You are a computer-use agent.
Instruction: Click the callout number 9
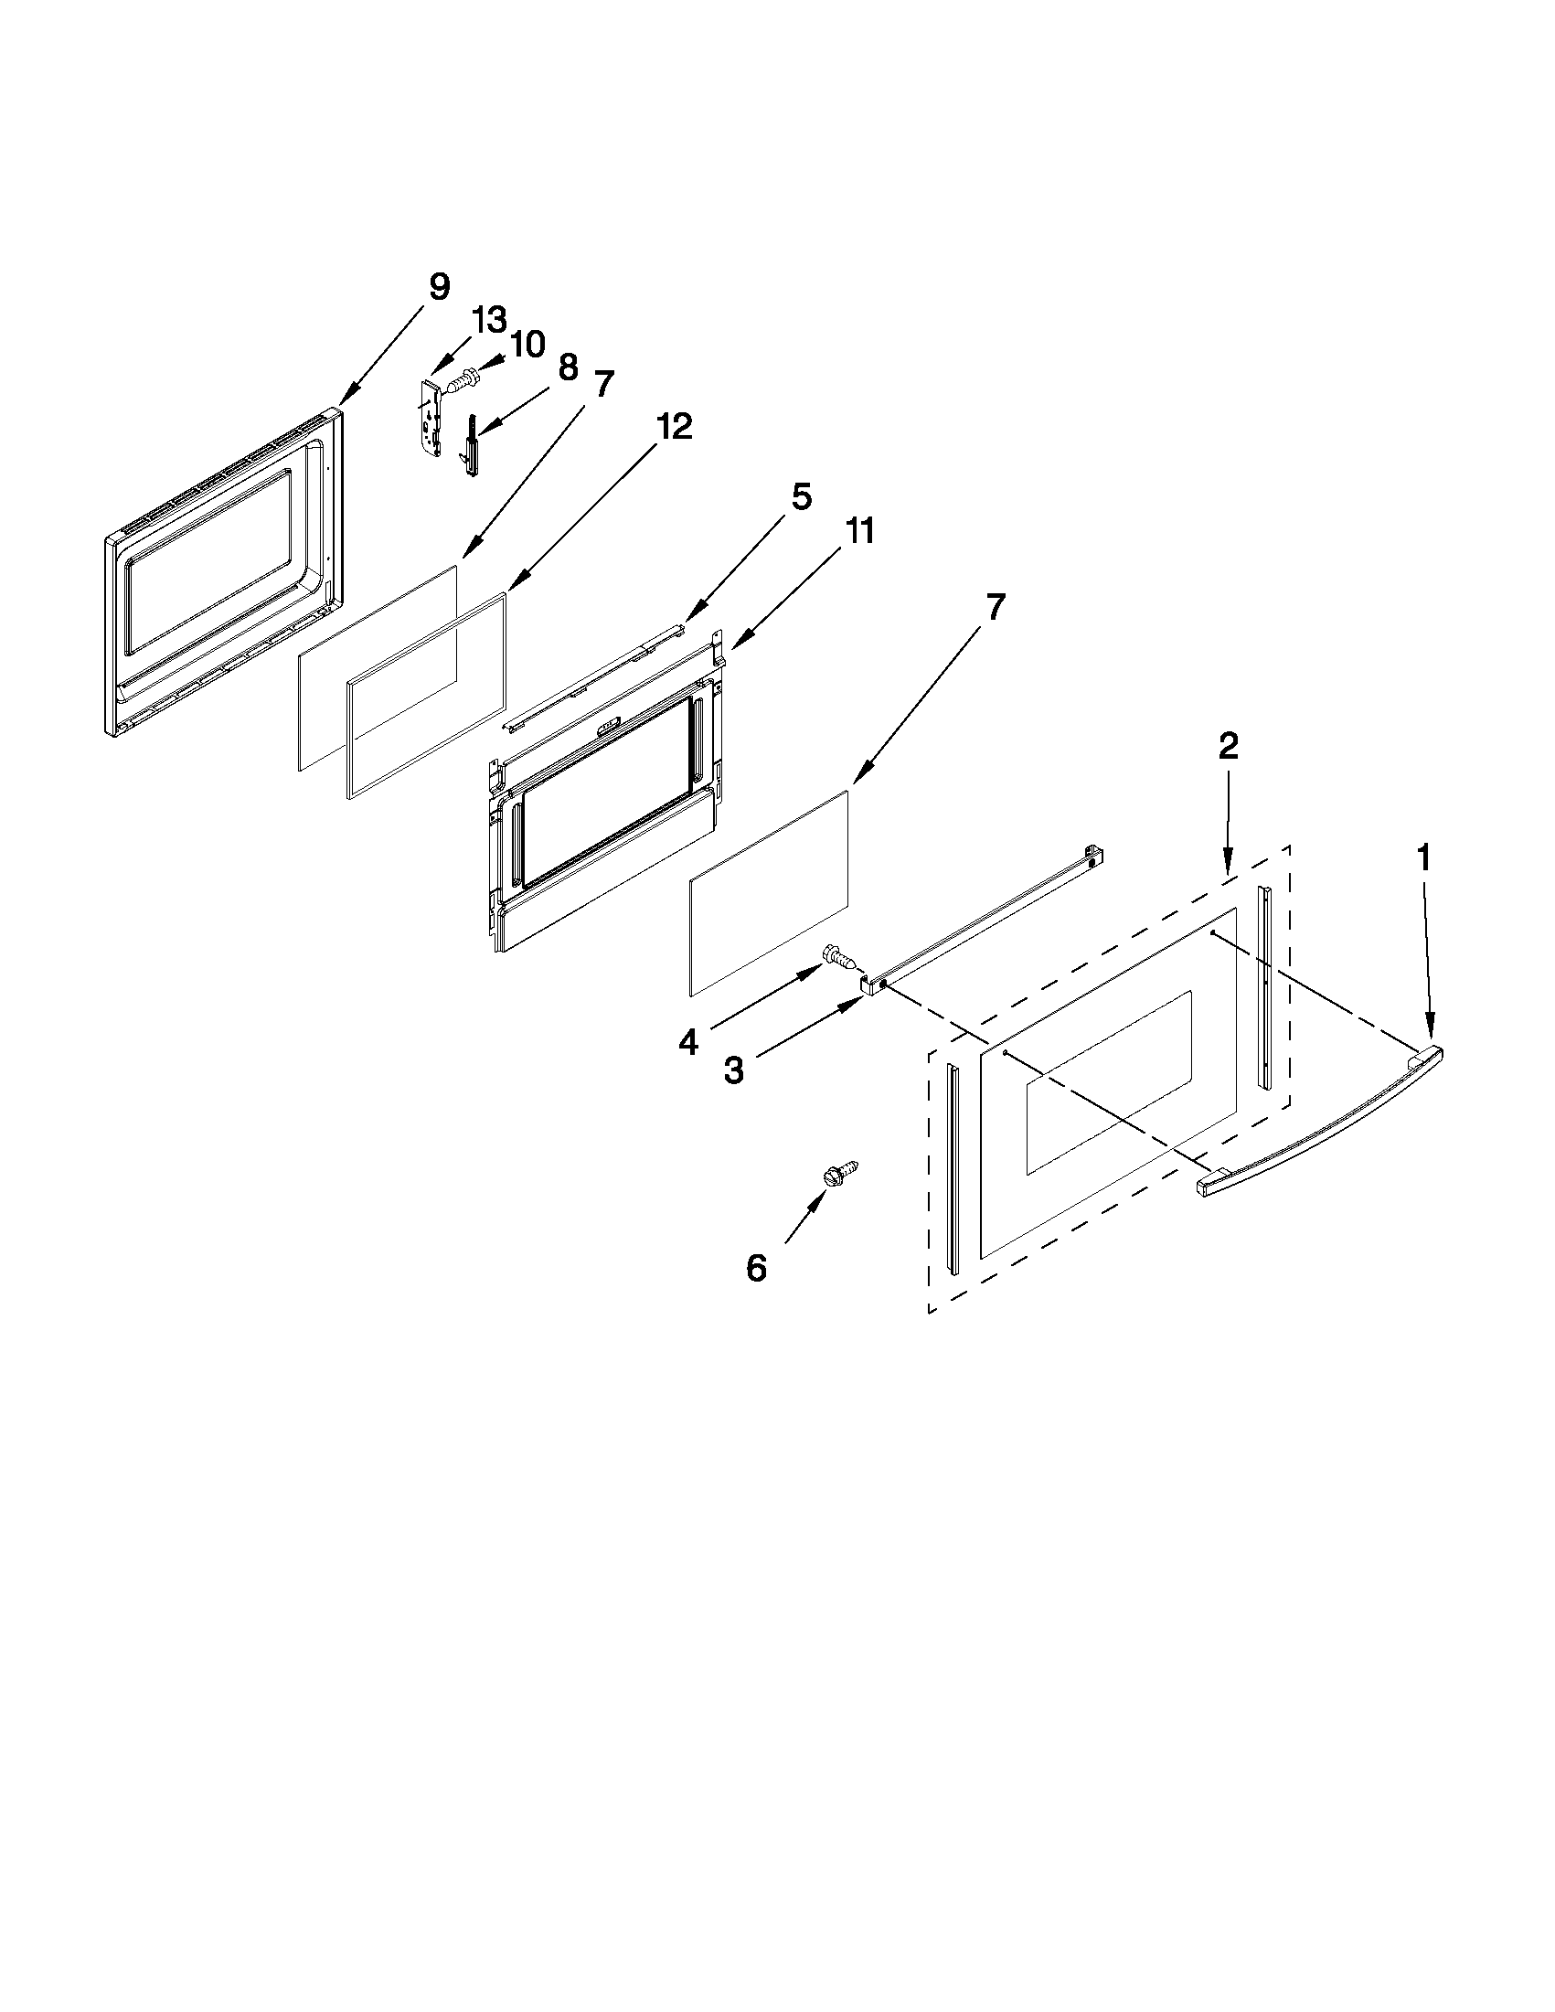click(x=440, y=286)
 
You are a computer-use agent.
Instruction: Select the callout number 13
click(x=489, y=321)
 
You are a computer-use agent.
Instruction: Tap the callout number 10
click(x=527, y=344)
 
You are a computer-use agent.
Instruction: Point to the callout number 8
click(x=568, y=367)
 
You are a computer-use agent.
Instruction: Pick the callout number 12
click(x=674, y=427)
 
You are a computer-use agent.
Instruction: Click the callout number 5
click(x=801, y=496)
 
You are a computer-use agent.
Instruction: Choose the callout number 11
click(x=859, y=531)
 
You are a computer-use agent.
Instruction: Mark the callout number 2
click(x=1229, y=745)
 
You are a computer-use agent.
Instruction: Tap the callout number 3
click(x=733, y=1070)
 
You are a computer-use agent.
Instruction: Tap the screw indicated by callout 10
click(x=463, y=378)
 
